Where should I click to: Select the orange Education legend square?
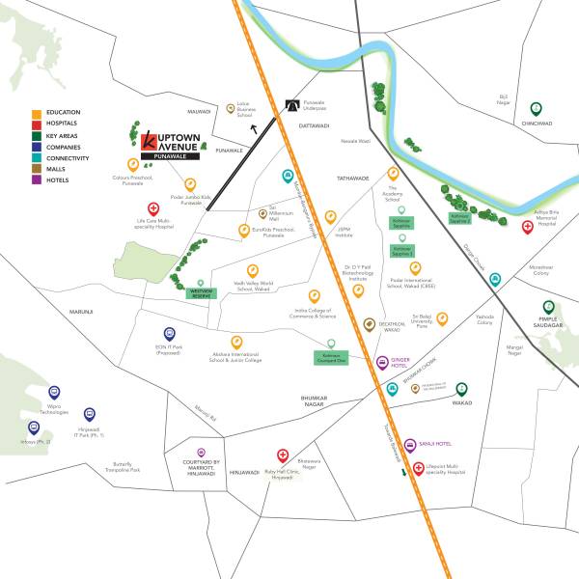[36, 113]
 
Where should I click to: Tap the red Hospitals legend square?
[36, 124]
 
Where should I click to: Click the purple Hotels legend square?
[36, 180]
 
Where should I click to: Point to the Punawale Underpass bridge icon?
[293, 108]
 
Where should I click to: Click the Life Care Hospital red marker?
[152, 208]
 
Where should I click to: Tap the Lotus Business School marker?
[230, 109]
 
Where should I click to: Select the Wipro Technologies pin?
[54, 393]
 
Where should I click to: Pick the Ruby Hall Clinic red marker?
[282, 455]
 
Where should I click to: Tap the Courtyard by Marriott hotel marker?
[201, 452]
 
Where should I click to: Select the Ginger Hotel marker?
[379, 363]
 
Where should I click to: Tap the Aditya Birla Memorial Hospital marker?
[527, 227]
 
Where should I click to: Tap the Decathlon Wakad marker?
[369, 324]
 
